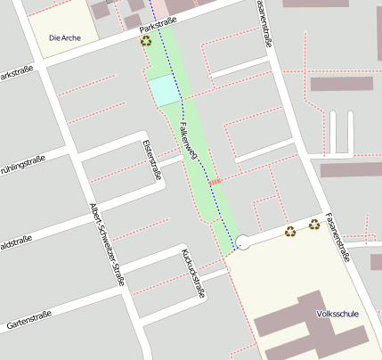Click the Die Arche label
[x=66, y=38]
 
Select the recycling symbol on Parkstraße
[x=145, y=41]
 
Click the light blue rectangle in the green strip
[x=165, y=90]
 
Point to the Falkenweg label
[x=188, y=141]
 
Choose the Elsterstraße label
[x=152, y=160]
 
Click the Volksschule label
[x=337, y=314]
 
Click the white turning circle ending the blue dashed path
[x=243, y=241]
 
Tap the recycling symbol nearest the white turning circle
[x=290, y=232]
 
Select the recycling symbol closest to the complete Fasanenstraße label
[x=314, y=224]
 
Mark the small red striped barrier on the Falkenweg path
[x=214, y=181]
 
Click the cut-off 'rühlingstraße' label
[x=22, y=162]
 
